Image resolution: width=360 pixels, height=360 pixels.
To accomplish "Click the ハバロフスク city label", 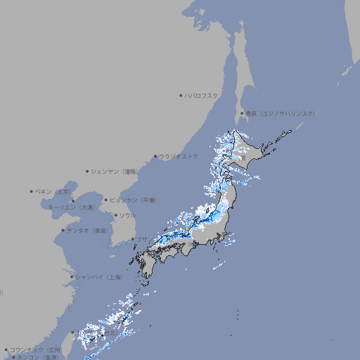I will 202,95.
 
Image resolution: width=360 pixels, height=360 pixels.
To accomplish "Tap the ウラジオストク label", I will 179,156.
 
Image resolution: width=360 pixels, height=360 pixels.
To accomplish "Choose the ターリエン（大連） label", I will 71,207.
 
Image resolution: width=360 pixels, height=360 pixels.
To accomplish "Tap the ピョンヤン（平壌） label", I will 134,200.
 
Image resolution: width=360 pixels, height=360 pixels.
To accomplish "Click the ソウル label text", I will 127,215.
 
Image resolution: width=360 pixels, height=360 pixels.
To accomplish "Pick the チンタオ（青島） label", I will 88,230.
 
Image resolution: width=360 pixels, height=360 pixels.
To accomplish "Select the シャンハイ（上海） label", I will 99,277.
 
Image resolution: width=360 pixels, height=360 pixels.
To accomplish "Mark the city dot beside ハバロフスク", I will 181,95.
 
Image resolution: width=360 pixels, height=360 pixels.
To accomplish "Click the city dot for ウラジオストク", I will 155,156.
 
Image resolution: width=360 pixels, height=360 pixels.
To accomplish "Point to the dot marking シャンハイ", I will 72,277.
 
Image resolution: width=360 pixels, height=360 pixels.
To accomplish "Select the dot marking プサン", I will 133,239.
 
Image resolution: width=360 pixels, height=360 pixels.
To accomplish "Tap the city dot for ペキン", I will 32,191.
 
